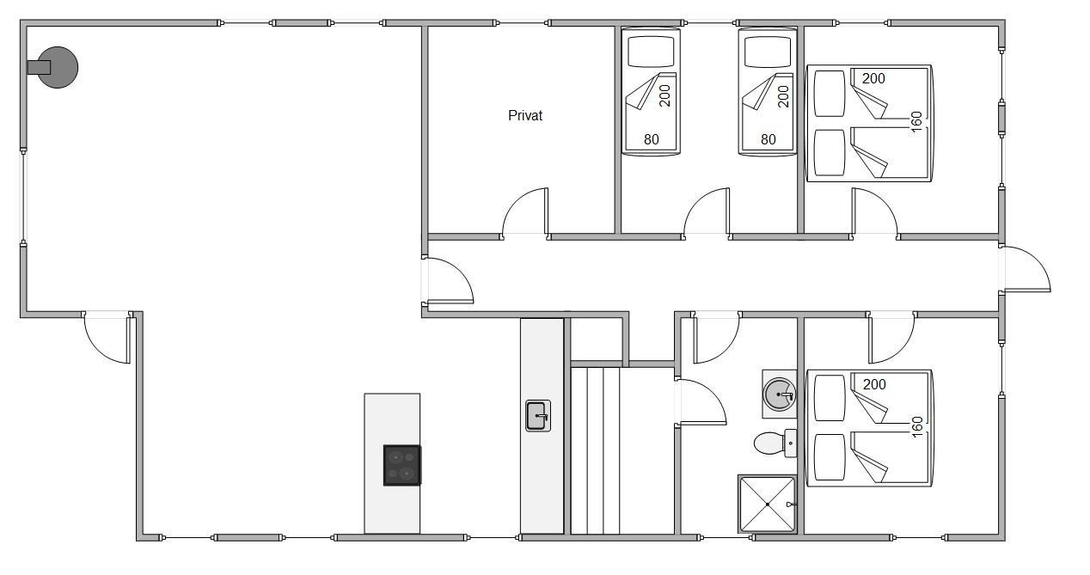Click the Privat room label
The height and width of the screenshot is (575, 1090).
(525, 116)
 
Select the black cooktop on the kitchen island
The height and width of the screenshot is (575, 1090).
(402, 465)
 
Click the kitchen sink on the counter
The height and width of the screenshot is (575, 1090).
(538, 416)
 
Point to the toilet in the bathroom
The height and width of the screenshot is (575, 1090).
(775, 443)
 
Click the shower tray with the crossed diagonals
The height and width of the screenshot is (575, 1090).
(768, 504)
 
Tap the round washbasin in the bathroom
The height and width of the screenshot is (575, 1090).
(779, 394)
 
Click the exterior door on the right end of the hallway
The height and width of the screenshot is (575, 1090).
(1026, 268)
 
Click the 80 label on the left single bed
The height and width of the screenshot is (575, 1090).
(651, 139)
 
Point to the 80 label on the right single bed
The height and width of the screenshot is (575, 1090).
(768, 139)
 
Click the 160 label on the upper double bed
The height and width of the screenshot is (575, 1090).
(916, 121)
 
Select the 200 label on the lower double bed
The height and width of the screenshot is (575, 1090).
(874, 384)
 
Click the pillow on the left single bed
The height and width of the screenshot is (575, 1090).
(651, 52)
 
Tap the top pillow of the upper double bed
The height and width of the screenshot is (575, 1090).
(830, 94)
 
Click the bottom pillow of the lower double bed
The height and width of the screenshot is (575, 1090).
(830, 457)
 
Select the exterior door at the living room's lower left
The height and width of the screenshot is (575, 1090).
(107, 338)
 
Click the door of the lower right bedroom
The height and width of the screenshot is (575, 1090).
(891, 338)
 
